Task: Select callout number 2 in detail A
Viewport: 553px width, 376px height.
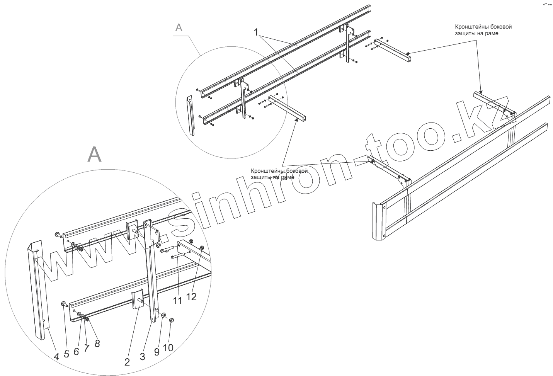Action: [127, 362]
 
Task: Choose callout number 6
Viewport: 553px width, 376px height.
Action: [76, 351]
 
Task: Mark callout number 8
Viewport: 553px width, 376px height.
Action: [97, 343]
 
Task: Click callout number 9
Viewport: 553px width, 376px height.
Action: [157, 352]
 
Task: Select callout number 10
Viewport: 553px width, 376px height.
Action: [168, 347]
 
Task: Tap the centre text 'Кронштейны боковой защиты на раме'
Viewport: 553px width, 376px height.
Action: [279, 174]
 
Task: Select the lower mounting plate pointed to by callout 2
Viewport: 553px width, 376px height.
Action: [137, 300]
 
